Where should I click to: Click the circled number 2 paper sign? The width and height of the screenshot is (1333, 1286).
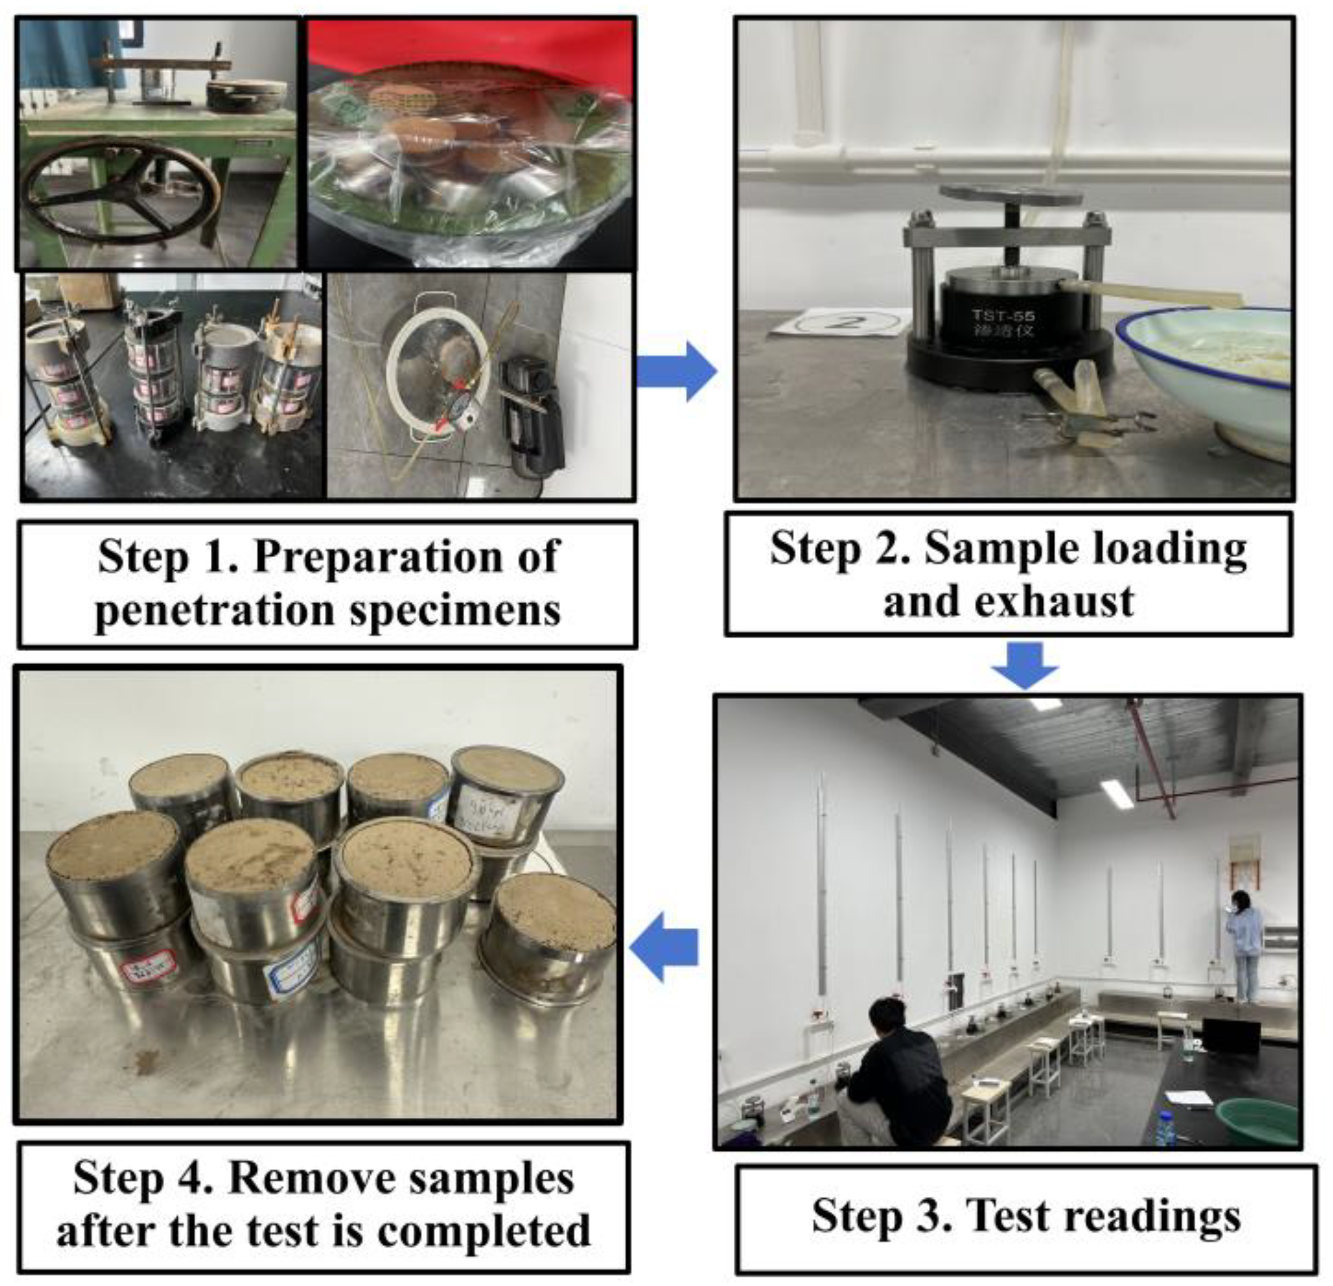click(x=843, y=321)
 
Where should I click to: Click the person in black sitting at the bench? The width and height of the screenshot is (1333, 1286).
click(x=897, y=1075)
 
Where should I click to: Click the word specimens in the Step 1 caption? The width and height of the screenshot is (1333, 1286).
click(x=455, y=611)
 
